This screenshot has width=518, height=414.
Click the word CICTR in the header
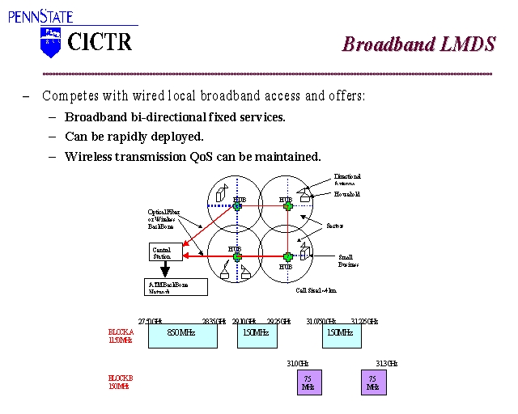(100, 41)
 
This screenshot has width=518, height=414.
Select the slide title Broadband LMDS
(418, 44)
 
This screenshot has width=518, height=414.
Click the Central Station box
(163, 253)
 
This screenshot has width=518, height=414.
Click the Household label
(347, 195)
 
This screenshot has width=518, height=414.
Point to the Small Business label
(348, 260)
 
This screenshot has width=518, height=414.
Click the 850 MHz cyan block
(182, 333)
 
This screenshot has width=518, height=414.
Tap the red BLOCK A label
(121, 336)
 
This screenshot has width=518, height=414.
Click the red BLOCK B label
(121, 382)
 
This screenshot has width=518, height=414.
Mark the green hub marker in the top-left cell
(237, 206)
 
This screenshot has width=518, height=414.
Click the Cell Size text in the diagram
(316, 289)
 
